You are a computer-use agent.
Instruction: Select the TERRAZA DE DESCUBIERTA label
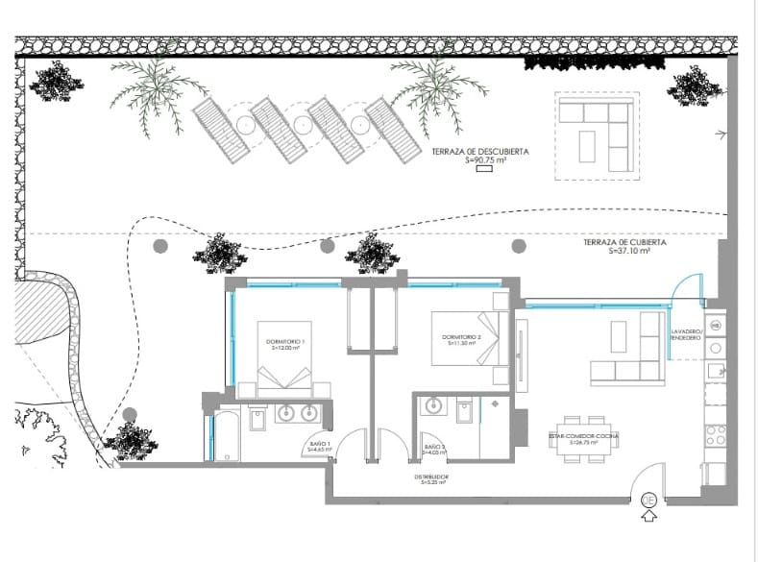pos(494,157)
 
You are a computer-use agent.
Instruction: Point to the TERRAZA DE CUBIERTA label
pos(625,246)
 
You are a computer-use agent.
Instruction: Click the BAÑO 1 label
pos(319,446)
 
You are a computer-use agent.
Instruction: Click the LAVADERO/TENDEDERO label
pos(687,334)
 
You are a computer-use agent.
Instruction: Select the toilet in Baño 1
pos(258,419)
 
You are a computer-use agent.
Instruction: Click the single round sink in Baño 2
pos(432,406)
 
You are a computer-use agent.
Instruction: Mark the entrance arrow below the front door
pos(649,517)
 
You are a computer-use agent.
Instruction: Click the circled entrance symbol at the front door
pos(649,500)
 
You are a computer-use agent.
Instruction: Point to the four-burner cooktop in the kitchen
pos(715,434)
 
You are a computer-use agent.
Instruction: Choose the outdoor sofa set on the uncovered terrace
pos(598,134)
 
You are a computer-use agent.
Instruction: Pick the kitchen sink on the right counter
pos(716,371)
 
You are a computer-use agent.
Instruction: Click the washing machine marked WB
pos(716,326)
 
